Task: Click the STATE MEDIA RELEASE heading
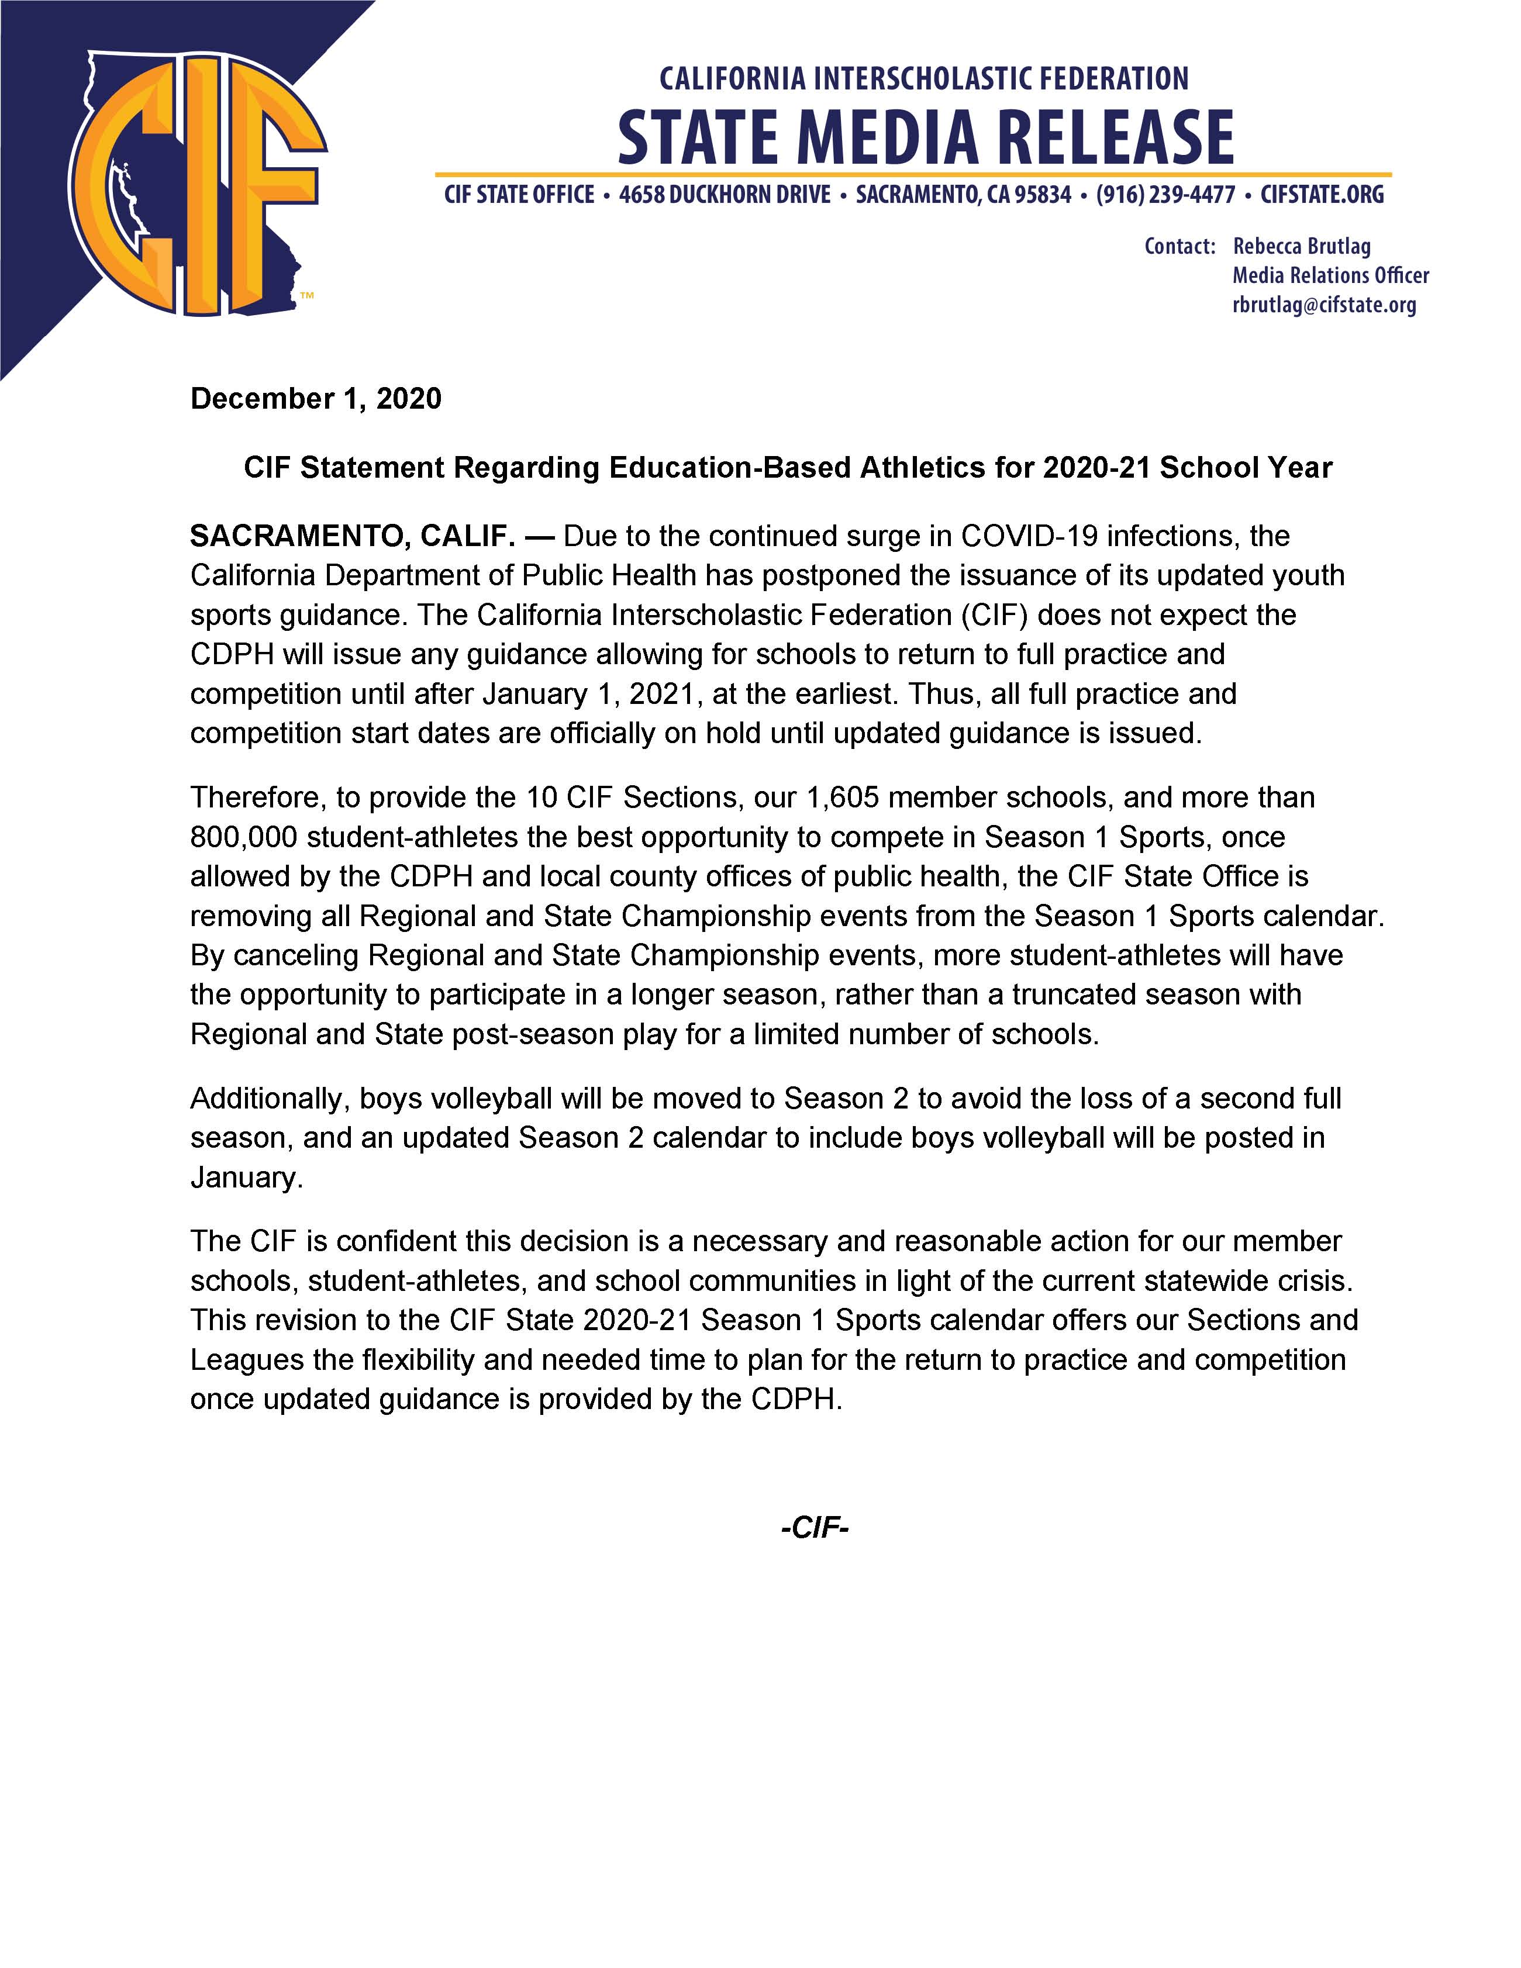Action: [x=925, y=137]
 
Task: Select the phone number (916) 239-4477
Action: [x=1165, y=195]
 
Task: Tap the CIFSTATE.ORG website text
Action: [x=1322, y=195]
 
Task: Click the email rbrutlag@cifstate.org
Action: [x=1324, y=305]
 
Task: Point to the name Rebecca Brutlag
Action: [x=1301, y=246]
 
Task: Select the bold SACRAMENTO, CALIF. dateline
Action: [x=352, y=536]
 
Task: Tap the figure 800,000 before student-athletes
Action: [x=243, y=837]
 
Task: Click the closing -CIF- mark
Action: [x=815, y=1527]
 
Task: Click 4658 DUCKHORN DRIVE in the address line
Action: [x=725, y=195]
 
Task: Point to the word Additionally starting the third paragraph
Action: [x=270, y=1099]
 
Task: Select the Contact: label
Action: [x=1179, y=246]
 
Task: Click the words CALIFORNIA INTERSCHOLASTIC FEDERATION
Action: [x=923, y=80]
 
